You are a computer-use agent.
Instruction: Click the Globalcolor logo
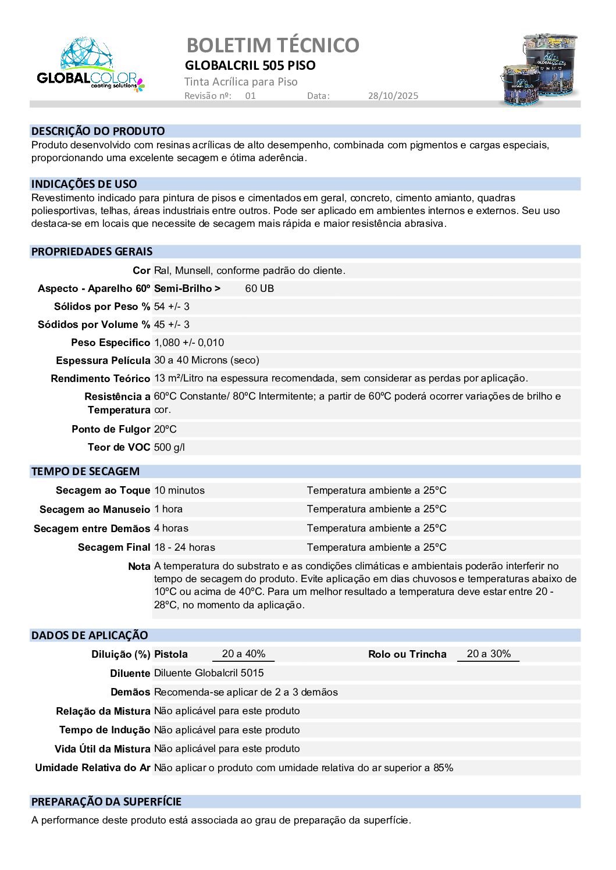(x=90, y=66)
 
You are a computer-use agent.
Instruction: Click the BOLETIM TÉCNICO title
(x=272, y=45)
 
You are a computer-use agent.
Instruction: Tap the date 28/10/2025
(x=393, y=96)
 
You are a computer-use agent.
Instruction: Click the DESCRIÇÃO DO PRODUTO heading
(x=98, y=131)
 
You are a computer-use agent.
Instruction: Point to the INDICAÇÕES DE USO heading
(x=84, y=184)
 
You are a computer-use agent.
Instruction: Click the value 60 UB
(x=259, y=288)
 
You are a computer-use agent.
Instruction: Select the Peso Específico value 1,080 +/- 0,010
(x=188, y=343)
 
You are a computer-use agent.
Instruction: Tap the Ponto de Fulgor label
(x=111, y=429)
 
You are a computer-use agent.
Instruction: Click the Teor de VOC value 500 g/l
(x=169, y=447)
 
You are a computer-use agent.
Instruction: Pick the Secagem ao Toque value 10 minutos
(x=179, y=490)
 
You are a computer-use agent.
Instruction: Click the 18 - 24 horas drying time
(x=184, y=547)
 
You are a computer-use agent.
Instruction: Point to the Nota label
(x=139, y=566)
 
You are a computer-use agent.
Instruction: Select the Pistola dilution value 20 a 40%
(x=243, y=654)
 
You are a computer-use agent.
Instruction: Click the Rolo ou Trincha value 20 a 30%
(x=489, y=654)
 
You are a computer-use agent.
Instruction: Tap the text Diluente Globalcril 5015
(x=208, y=673)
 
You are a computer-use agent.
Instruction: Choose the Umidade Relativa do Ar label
(x=92, y=768)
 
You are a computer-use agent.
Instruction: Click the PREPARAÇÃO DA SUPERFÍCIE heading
(x=106, y=802)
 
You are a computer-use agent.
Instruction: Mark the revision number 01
(x=250, y=96)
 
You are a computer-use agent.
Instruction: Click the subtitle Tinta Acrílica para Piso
(x=241, y=82)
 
